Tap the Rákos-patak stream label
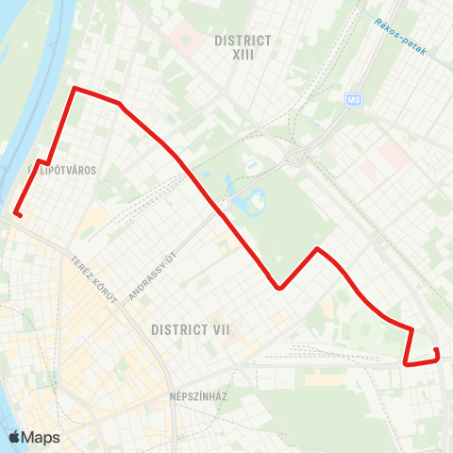(400, 36)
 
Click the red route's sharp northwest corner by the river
(75, 89)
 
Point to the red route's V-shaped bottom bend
(279, 288)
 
